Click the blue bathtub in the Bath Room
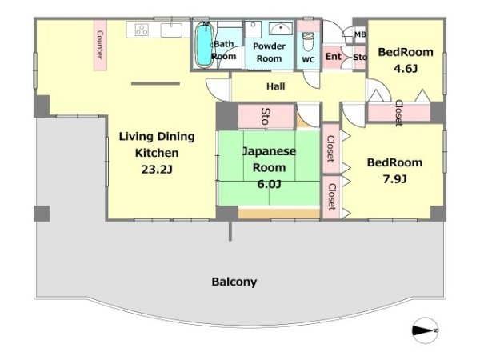(204, 44)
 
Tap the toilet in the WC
(308, 42)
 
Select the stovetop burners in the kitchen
(142, 30)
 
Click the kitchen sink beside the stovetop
(171, 30)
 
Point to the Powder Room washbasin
(281, 29)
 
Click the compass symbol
(425, 330)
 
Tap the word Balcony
(234, 282)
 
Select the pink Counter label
(100, 45)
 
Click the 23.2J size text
(157, 169)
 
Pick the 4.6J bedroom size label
(406, 68)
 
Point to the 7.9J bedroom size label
(395, 178)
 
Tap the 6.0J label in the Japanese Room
(269, 184)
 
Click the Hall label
(275, 86)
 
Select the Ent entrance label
(333, 56)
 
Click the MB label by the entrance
(360, 34)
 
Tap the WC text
(308, 60)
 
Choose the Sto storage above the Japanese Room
(266, 116)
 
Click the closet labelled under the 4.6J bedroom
(398, 113)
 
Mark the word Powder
(269, 46)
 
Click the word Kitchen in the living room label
(157, 153)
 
